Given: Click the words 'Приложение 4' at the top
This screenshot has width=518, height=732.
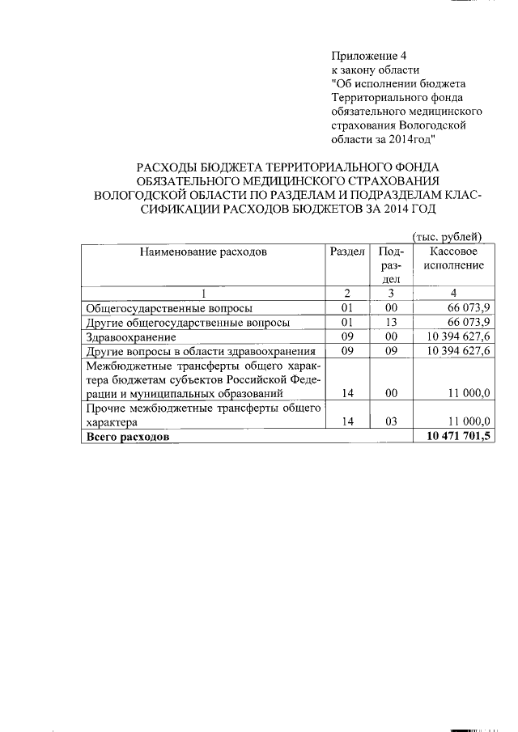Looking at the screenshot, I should [368, 56].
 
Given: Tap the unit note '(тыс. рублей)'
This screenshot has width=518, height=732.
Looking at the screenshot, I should [448, 237].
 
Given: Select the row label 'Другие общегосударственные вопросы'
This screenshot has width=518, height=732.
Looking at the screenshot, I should [188, 322].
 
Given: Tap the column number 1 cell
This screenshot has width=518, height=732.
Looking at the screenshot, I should [203, 293].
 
